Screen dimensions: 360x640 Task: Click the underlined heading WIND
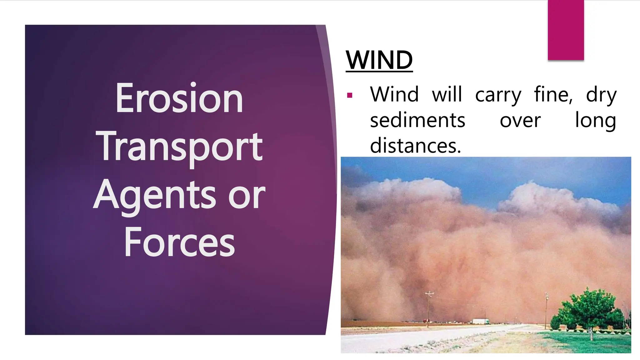[x=379, y=60]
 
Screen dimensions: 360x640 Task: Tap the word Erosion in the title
[x=179, y=98]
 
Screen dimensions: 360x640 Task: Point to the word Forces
[x=179, y=243]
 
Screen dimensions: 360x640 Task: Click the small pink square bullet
[x=350, y=95]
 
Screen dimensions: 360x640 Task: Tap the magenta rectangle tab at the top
[x=566, y=30]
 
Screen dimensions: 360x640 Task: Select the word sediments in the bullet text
[x=417, y=120]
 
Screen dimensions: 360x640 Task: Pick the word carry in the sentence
[x=498, y=95]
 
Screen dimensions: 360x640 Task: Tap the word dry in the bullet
[x=601, y=95]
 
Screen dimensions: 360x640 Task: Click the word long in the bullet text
[x=595, y=121]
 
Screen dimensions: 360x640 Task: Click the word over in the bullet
[x=520, y=121]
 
